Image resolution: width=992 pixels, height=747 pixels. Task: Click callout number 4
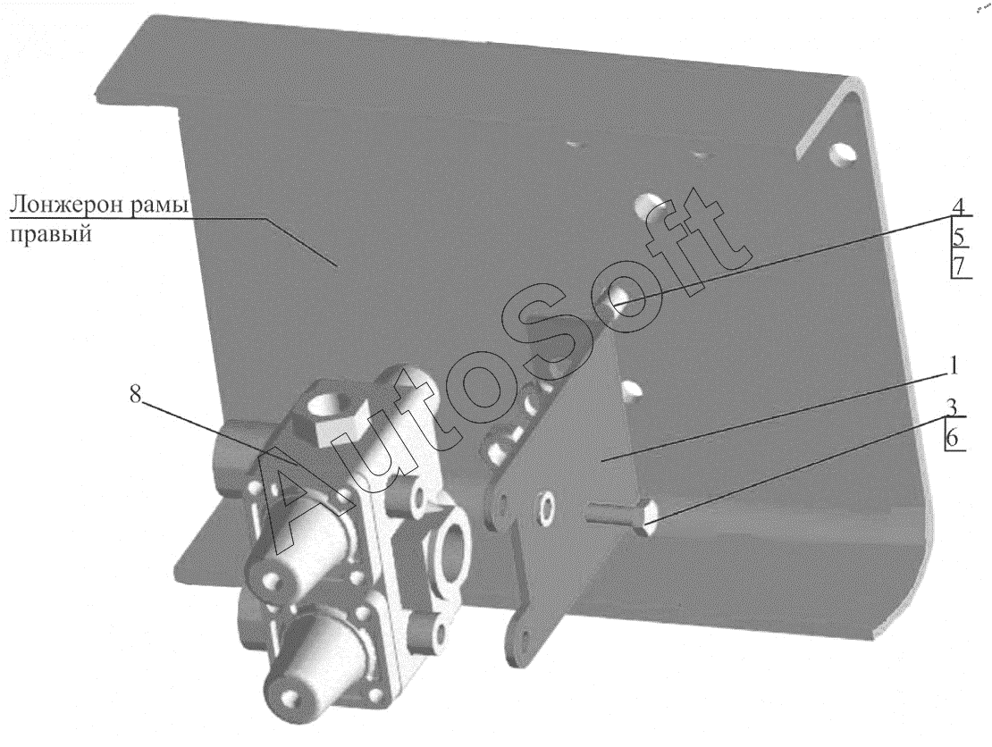point(958,206)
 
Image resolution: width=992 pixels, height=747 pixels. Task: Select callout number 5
point(959,237)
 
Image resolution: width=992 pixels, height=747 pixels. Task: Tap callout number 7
point(959,265)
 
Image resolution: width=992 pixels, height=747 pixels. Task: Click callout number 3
point(952,407)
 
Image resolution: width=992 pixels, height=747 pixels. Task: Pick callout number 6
point(952,436)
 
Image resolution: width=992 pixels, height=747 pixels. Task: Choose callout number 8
point(135,394)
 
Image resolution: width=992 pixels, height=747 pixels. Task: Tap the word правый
point(51,234)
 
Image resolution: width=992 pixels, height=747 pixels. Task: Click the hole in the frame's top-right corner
point(842,154)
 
